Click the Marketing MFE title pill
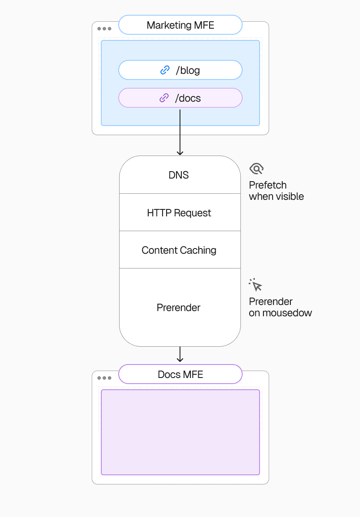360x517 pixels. tap(180, 25)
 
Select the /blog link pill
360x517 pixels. tap(180, 70)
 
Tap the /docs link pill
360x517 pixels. tap(180, 98)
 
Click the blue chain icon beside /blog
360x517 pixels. tap(165, 70)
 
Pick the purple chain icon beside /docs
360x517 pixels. tap(164, 98)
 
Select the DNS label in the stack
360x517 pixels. tap(179, 175)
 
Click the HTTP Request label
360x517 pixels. tap(179, 213)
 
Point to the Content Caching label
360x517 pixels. tap(179, 250)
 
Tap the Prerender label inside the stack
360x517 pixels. tap(178, 308)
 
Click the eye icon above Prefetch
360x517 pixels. tap(257, 169)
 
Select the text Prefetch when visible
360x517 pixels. tap(276, 191)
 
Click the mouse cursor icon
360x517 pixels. tap(256, 285)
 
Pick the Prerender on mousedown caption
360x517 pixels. tap(280, 307)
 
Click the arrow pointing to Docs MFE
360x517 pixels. tap(180, 354)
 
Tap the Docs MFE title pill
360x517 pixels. tap(180, 374)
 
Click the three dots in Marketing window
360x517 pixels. tap(104, 29)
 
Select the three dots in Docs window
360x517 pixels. tap(104, 378)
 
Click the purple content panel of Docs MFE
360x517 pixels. tap(180, 432)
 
